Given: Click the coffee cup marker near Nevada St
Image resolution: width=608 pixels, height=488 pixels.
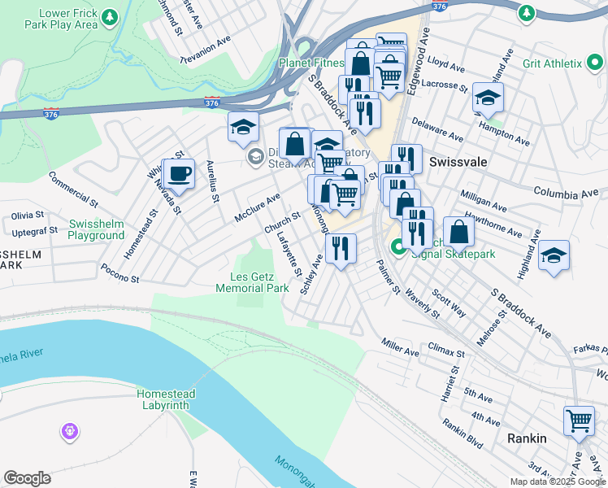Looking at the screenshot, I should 180,173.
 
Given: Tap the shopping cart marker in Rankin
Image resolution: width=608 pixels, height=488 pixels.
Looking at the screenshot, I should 579,421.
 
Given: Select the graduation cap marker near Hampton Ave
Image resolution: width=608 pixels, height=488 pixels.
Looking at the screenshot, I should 488,98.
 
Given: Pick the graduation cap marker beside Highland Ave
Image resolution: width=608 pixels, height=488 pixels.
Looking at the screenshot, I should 554,255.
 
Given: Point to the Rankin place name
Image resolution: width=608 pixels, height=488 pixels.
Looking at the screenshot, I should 527,438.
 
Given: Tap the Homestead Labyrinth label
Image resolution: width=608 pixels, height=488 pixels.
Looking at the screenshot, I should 163,399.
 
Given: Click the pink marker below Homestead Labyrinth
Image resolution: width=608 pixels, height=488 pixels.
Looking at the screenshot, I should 69,429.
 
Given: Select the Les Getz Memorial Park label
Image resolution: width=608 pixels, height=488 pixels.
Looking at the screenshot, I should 253,282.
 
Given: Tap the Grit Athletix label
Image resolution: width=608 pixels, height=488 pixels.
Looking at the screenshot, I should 553,63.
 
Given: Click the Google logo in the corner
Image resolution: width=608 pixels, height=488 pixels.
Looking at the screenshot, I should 27,478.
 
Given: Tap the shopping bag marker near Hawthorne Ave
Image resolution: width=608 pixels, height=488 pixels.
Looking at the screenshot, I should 459,231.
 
